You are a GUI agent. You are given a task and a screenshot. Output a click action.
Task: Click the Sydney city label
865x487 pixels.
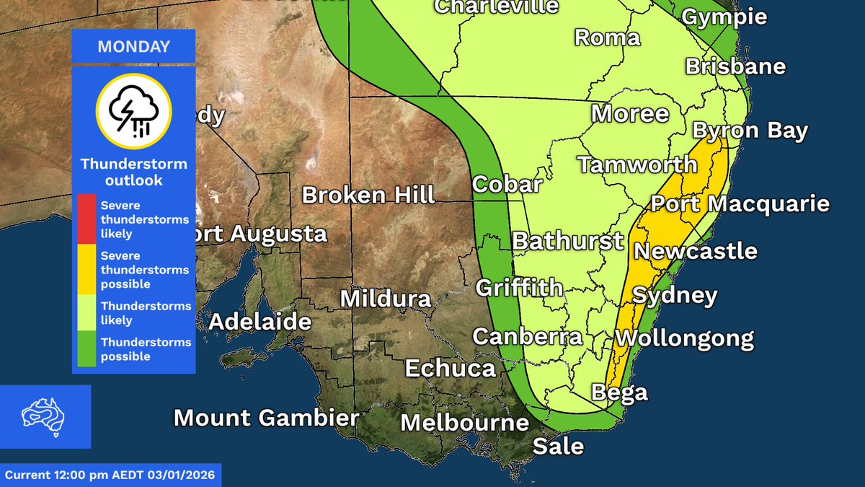(675, 296)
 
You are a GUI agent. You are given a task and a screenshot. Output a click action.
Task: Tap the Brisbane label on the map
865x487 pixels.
(735, 67)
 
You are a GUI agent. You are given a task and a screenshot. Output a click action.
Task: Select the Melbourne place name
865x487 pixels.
(465, 422)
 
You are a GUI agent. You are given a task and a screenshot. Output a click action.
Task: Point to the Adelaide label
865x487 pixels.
(260, 322)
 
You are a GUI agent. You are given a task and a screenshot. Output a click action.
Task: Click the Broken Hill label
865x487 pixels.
(368, 195)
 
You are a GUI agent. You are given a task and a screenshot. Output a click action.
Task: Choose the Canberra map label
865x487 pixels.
(527, 337)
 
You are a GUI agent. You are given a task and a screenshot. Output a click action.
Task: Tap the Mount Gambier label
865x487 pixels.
(266, 418)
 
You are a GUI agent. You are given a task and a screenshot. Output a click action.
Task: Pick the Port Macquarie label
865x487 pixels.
(740, 204)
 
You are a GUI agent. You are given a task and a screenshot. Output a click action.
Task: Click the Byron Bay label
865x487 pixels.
(750, 131)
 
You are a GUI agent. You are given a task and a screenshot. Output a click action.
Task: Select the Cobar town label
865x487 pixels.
(507, 185)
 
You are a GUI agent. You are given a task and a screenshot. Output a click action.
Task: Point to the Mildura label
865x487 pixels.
(386, 299)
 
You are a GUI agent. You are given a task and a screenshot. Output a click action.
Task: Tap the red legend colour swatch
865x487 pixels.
(86, 219)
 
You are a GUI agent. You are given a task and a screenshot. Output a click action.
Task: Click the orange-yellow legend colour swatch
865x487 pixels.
(86, 269)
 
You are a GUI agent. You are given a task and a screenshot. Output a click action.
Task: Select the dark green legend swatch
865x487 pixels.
(86, 349)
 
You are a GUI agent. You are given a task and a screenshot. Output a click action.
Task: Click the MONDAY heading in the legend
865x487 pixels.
(133, 48)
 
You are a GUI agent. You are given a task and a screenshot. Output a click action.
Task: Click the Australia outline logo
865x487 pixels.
(45, 416)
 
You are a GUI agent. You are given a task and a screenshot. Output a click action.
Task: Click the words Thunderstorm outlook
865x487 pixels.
(133, 172)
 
